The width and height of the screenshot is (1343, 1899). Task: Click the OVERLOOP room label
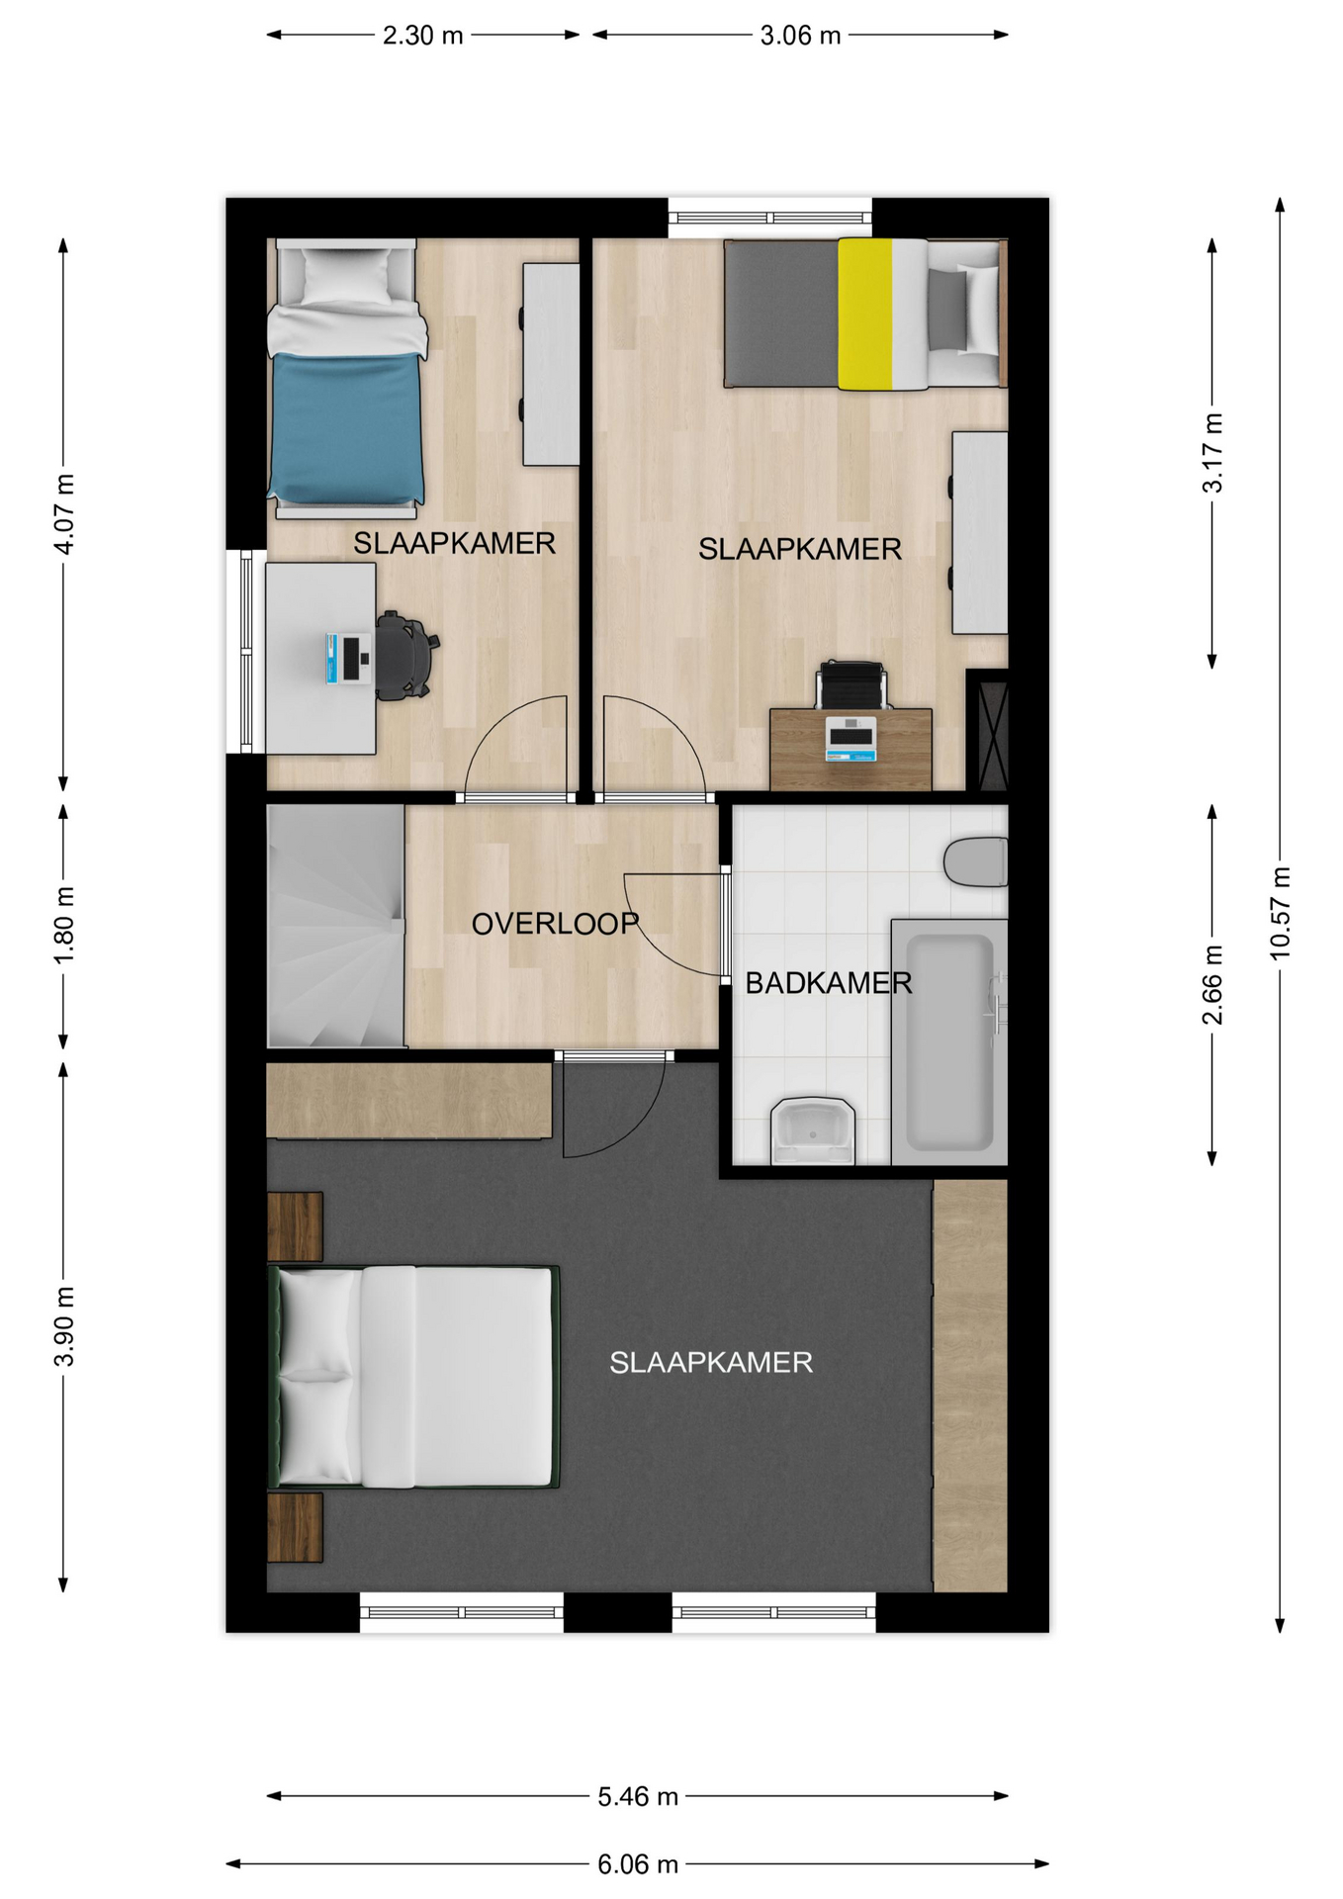click(555, 924)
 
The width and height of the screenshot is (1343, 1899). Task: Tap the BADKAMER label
click(829, 983)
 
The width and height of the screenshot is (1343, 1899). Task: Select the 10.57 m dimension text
click(1281, 913)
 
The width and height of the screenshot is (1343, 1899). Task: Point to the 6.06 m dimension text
click(638, 1864)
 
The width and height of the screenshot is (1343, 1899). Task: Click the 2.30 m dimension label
click(423, 36)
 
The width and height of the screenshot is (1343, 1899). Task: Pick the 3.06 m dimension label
click(800, 36)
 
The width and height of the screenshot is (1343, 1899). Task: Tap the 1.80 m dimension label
click(64, 925)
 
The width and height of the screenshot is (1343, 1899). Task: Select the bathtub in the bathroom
click(949, 1042)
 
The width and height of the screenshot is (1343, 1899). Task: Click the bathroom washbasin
click(813, 1130)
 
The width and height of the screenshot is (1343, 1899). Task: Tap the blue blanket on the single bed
click(347, 427)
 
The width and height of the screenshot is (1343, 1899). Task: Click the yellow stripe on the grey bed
click(865, 314)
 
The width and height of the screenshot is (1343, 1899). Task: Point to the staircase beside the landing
click(336, 926)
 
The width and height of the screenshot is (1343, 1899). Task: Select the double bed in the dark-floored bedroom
click(413, 1377)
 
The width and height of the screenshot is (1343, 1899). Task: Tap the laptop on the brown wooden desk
click(851, 739)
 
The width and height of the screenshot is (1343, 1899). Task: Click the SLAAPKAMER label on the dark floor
click(711, 1363)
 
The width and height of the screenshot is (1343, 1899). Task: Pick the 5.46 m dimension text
click(638, 1796)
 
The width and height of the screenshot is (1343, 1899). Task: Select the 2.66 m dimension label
click(1212, 985)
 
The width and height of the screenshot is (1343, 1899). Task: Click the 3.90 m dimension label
click(64, 1326)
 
